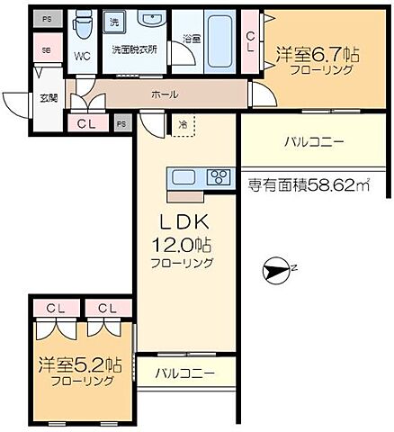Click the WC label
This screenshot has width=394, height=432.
82,56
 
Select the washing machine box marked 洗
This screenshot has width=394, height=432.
114,21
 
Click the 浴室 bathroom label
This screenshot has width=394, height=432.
192,40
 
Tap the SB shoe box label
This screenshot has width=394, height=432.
46,50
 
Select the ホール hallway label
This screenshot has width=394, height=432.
164,94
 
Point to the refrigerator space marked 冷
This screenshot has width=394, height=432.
183,124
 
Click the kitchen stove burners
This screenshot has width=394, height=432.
219,176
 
